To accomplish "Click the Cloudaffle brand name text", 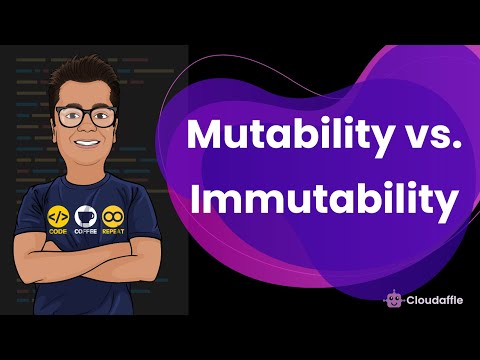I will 431,297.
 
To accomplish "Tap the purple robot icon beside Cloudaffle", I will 392,297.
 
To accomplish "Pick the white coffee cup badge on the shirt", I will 88,214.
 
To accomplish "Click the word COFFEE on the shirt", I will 88,232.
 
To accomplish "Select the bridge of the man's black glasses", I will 86,113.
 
